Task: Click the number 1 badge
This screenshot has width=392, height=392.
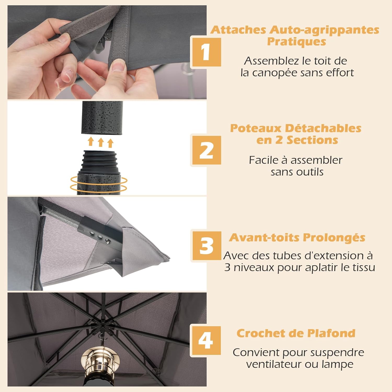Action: pyautogui.click(x=206, y=52)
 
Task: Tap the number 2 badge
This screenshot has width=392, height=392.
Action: pyautogui.click(x=206, y=150)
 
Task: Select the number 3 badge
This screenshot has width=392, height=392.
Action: pyautogui.click(x=206, y=246)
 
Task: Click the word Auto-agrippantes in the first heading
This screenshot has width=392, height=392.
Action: pyautogui.click(x=324, y=30)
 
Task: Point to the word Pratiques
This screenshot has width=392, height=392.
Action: pyautogui.click(x=297, y=42)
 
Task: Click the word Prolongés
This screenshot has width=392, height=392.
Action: pyautogui.click(x=334, y=238)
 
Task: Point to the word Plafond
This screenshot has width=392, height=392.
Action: pyautogui.click(x=331, y=333)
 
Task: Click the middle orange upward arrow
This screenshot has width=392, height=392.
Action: pyautogui.click(x=101, y=142)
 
